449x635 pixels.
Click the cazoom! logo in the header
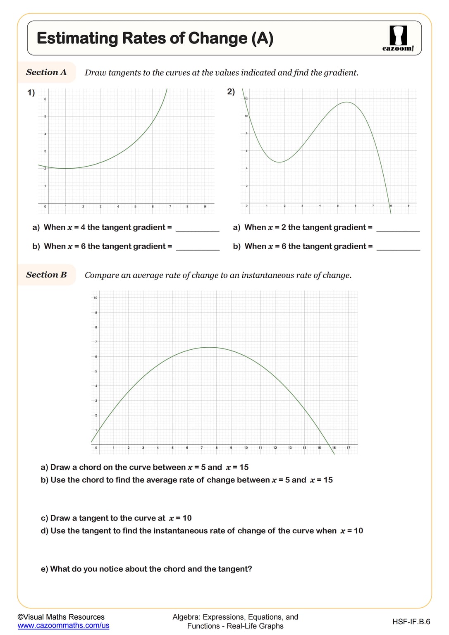point(398,38)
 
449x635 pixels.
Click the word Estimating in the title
point(77,38)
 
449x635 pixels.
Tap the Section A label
point(46,72)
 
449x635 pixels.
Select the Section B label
point(46,275)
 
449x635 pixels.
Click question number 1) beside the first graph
point(31,93)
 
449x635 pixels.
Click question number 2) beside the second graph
point(231,92)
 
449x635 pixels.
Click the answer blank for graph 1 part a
point(198,228)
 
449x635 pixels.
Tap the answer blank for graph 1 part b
point(198,247)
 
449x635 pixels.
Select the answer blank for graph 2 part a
point(398,228)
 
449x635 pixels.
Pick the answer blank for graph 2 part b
point(398,247)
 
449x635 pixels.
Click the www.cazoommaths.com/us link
point(63,625)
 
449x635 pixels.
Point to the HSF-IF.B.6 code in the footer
point(411,622)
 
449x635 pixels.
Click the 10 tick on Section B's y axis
point(96,298)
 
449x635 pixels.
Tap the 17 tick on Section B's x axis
point(348,448)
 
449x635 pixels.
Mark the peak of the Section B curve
point(210,347)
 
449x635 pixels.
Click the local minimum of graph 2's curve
point(280,162)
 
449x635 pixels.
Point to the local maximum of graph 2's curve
point(346,102)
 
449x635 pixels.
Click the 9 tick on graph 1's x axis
point(205,206)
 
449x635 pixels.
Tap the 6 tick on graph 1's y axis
point(45,99)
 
